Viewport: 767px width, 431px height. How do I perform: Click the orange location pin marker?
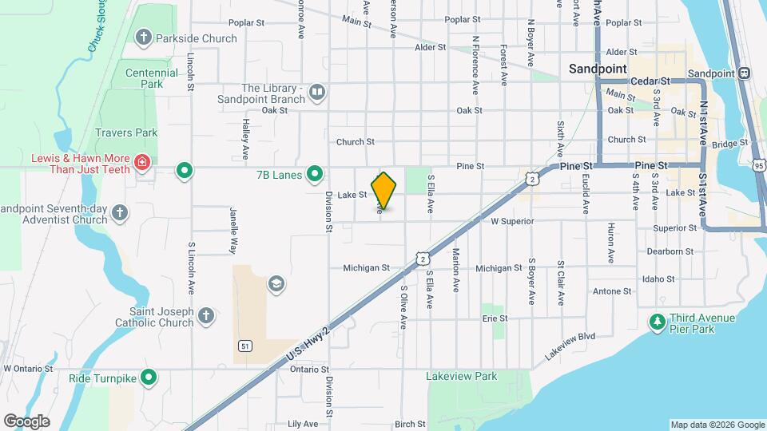click(383, 190)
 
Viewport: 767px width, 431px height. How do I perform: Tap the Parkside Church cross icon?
click(143, 37)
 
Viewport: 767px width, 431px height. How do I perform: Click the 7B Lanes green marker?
click(316, 172)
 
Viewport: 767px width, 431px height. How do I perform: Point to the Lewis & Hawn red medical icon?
click(142, 164)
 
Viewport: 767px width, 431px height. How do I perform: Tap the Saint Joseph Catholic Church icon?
click(206, 316)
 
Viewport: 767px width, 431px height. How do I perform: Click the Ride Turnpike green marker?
click(149, 377)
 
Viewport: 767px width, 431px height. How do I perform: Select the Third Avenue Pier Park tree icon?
click(658, 322)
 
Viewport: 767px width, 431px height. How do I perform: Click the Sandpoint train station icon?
click(744, 73)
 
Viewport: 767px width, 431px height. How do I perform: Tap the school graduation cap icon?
click(276, 284)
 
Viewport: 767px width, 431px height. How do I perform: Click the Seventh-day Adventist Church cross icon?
click(119, 212)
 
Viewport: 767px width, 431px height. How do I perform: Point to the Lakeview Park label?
click(463, 376)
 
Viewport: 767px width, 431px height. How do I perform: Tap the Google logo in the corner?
click(26, 421)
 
